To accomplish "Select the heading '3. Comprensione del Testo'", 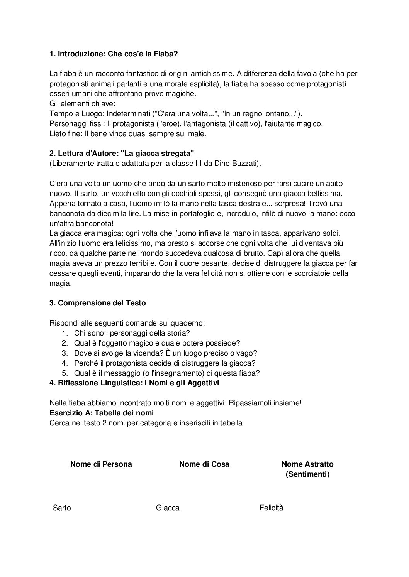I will [98, 303].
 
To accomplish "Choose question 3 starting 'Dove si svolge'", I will [165, 353].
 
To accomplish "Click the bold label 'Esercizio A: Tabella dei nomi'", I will [102, 413].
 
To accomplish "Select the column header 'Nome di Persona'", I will [101, 464].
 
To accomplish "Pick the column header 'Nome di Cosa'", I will [204, 464].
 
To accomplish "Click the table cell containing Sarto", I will [62, 508].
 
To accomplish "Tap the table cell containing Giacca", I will [168, 508].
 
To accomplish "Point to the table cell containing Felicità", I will [271, 508].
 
